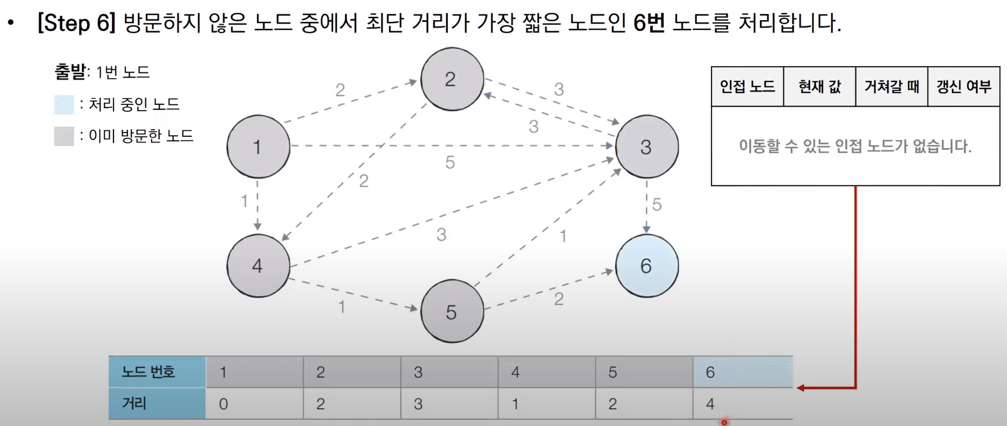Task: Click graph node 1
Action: click(258, 146)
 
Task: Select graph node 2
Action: click(452, 79)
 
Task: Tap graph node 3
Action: click(646, 146)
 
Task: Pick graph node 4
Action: click(258, 265)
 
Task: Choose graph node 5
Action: click(452, 312)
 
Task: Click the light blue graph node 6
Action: click(646, 265)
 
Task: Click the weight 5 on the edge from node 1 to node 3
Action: click(450, 163)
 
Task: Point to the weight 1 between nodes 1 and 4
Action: click(244, 200)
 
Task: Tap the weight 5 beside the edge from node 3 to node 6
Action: click(657, 205)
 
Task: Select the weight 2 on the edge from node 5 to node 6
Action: click(559, 299)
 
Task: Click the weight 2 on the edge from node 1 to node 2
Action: click(340, 90)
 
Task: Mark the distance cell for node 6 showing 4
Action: click(742, 404)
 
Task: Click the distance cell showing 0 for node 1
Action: click(254, 404)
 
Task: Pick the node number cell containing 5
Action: click(644, 372)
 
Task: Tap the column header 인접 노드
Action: click(747, 86)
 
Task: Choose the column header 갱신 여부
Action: click(963, 86)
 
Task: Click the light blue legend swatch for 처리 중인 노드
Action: click(64, 104)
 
